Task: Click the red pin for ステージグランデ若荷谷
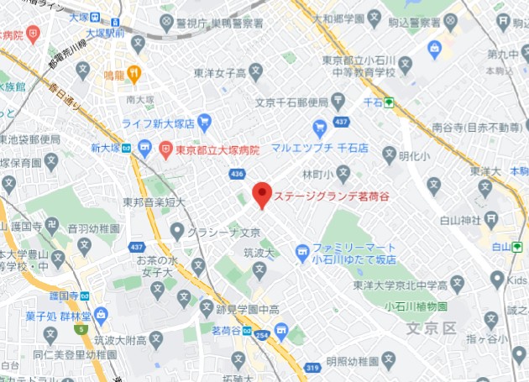[262, 195]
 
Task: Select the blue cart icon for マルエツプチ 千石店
[319, 128]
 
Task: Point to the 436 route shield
[236, 174]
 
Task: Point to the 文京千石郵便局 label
[291, 103]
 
